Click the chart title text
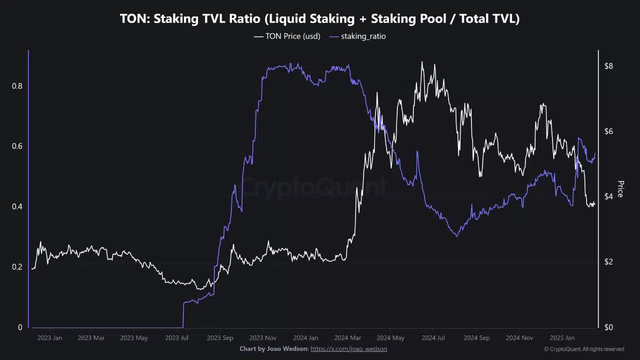[320, 19]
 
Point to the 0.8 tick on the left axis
[17, 86]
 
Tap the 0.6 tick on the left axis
[17, 146]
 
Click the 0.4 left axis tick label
[17, 206]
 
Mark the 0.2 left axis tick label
[17, 267]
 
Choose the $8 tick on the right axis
[608, 66]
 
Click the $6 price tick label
[608, 131]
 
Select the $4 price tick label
[608, 196]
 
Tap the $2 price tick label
[608, 262]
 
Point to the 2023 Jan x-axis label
[49, 338]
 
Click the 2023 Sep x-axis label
[220, 338]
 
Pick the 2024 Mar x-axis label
[347, 338]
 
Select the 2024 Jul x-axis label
[433, 338]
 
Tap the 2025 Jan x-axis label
[562, 338]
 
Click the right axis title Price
[620, 189]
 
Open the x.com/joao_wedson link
[348, 348]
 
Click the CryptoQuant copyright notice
[584, 349]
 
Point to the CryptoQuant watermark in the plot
[314, 188]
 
